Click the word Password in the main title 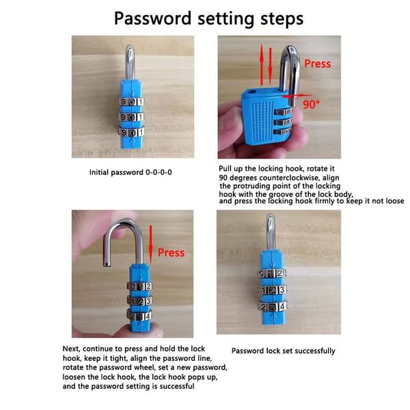point(152,19)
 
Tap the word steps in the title point(282,19)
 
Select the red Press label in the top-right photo point(318,64)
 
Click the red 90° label point(311,105)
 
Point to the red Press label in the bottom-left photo point(171,253)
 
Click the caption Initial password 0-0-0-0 point(131,173)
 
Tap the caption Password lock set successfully point(283,351)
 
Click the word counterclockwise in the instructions point(286,178)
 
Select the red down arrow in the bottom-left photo point(150,244)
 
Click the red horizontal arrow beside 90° point(297,96)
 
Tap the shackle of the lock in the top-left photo point(131,62)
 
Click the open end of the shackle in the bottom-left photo point(107,264)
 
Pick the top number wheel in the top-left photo point(131,102)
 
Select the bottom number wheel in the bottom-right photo point(272,307)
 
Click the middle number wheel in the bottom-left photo point(139,301)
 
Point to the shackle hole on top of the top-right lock point(251,92)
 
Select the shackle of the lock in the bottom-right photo point(271,232)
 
